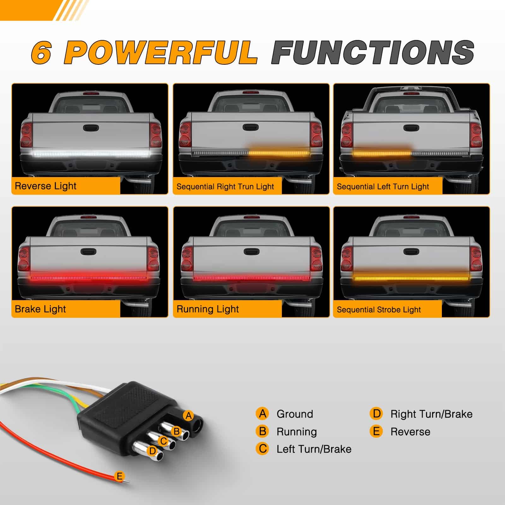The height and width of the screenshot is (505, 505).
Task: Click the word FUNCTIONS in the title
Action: point(373,52)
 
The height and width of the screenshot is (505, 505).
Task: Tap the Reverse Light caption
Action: point(45,186)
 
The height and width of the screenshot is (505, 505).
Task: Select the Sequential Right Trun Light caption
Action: point(225,187)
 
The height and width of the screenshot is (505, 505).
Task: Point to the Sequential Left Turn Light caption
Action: point(383,187)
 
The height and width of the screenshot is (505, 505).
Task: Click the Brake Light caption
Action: point(40,309)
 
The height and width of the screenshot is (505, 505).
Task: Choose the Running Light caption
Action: point(208,309)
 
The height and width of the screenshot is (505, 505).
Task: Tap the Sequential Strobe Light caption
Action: point(379,310)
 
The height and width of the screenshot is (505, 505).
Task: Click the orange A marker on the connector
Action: point(189,416)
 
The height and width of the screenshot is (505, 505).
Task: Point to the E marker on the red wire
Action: point(119,476)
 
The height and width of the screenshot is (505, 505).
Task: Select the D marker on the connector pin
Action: point(153,451)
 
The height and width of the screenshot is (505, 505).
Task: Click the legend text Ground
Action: point(295,414)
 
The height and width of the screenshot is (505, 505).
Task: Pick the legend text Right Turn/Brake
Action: point(431,414)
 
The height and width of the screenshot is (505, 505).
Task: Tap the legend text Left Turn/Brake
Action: point(314,449)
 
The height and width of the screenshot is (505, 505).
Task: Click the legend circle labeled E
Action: point(376,431)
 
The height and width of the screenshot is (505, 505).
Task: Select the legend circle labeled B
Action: point(262,431)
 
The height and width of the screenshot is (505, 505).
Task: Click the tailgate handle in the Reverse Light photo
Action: point(91,128)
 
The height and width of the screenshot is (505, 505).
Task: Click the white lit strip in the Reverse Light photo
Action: point(90,154)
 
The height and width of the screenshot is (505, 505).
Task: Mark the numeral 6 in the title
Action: point(41,53)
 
